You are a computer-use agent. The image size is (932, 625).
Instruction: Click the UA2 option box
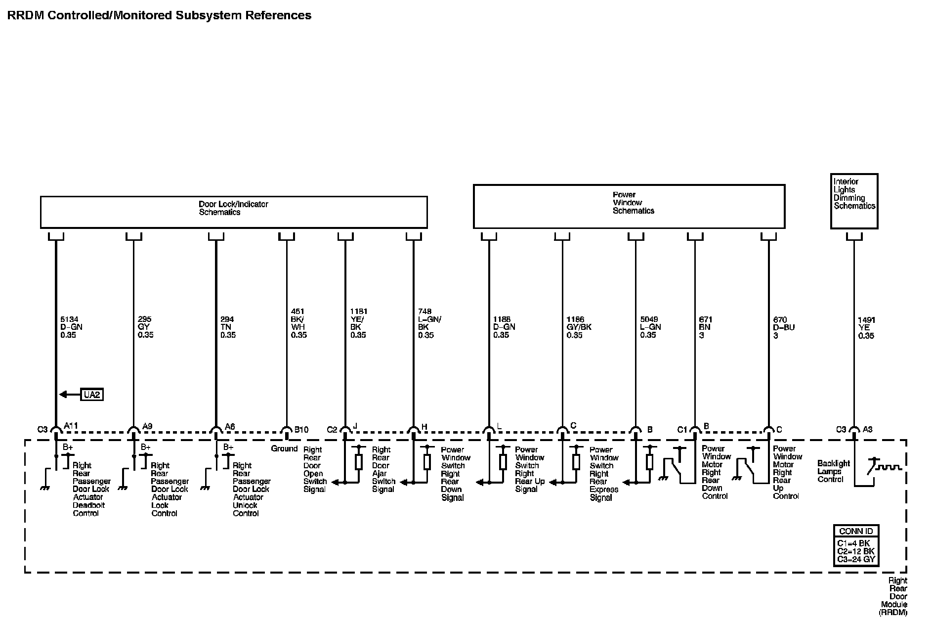92,395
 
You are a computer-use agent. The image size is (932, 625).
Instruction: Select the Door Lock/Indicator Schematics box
233,212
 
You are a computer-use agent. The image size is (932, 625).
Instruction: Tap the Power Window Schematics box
629,206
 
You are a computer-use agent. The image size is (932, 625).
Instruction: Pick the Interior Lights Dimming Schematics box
854,201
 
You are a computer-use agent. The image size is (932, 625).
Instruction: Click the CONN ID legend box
856,545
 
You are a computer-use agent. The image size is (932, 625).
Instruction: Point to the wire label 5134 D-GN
71,327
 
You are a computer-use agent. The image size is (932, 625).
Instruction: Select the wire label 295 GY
145,327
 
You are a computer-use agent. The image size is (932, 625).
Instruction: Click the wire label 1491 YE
866,328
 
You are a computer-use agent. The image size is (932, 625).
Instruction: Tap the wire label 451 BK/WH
298,323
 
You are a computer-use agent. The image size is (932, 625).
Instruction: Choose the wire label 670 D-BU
784,328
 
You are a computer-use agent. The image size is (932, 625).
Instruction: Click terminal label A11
71,426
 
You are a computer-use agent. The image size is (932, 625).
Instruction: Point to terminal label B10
301,430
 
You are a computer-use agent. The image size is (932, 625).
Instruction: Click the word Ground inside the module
284,449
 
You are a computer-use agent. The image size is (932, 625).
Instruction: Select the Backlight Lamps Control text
833,471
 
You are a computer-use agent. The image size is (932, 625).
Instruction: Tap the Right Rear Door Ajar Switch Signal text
383,469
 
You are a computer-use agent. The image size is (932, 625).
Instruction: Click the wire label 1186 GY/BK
579,327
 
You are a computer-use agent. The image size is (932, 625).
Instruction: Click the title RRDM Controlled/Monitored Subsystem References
159,15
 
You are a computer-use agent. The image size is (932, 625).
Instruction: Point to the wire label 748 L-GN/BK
429,323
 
